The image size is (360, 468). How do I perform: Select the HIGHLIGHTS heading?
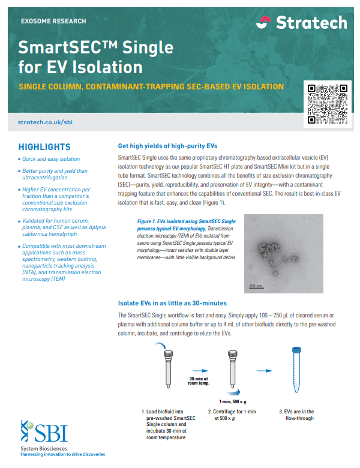coord(44,147)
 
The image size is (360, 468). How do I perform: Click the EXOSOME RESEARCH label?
coord(53,21)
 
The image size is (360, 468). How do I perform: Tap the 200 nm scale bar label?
coord(256,286)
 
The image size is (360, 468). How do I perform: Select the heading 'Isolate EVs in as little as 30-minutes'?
coord(172,303)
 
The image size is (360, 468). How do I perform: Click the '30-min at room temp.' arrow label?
coord(199,382)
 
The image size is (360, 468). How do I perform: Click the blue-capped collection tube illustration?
coord(295,372)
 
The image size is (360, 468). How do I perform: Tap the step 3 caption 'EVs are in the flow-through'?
coord(297,415)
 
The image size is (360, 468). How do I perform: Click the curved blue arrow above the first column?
coord(160,346)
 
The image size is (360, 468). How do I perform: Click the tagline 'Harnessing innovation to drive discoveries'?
coord(62,455)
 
